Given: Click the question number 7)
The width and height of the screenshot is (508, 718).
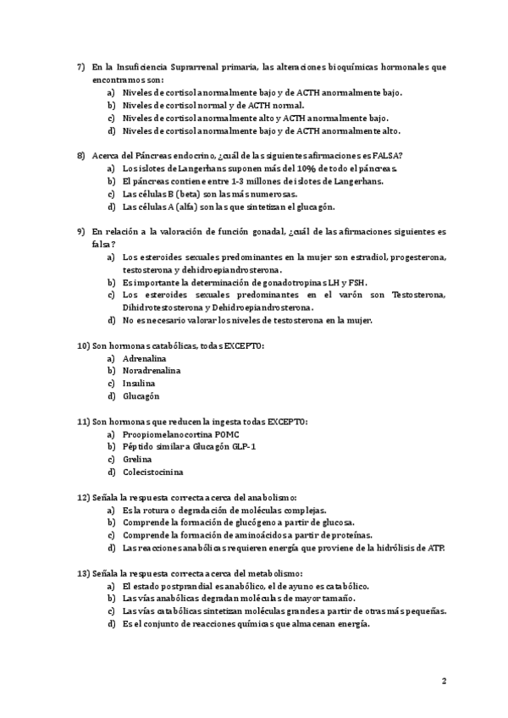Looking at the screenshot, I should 80,66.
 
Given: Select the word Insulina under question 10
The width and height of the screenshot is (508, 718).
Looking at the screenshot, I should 138,384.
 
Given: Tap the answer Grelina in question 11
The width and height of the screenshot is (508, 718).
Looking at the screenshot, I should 136,459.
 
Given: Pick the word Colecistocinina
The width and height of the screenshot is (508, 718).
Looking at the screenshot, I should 152,472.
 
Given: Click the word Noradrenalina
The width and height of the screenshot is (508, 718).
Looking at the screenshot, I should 151,371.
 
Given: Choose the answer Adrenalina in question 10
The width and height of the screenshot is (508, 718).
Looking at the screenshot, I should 144,358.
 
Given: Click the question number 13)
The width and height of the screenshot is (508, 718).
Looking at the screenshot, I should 84,573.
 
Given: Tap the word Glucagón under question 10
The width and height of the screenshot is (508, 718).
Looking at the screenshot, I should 141,396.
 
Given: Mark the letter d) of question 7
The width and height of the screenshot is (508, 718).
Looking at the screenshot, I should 111,131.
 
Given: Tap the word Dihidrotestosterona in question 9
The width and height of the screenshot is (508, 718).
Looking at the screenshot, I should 164,307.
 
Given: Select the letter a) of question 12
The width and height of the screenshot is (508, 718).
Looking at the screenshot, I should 111,511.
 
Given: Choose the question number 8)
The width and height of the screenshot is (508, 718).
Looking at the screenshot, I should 80,155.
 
